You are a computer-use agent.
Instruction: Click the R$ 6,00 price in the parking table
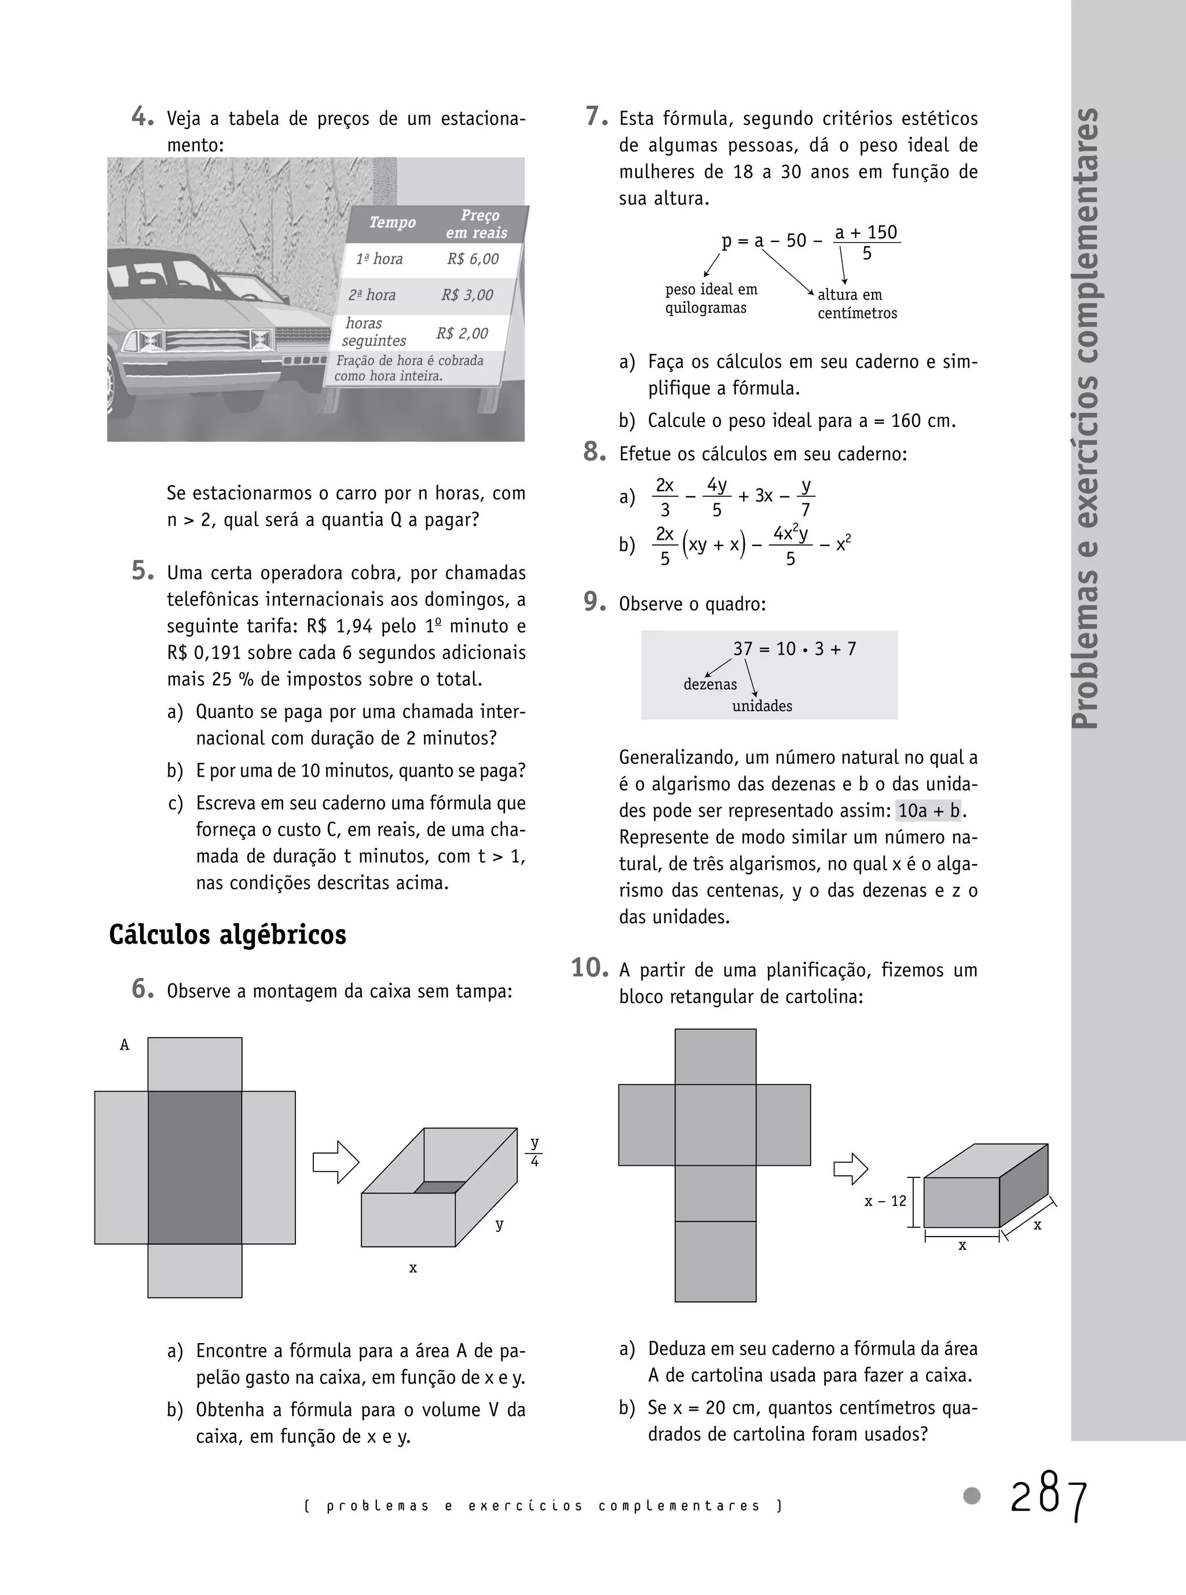[473, 259]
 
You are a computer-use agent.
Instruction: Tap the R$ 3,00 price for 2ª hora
[467, 295]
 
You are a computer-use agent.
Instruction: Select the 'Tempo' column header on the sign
[392, 222]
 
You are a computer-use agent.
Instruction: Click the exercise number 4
[142, 117]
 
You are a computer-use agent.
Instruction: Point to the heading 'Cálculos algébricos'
[228, 935]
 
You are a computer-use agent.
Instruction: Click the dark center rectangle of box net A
[195, 1168]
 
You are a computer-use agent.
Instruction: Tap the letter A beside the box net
[124, 1045]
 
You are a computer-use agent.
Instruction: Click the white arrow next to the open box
[335, 1161]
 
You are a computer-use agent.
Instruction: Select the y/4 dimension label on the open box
[534, 1151]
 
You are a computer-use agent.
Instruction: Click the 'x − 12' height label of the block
[885, 1202]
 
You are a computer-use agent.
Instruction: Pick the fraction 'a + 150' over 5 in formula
[866, 243]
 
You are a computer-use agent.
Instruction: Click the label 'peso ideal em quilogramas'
[710, 299]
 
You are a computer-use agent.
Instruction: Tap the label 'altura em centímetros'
[856, 303]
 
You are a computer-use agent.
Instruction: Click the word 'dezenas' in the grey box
[709, 684]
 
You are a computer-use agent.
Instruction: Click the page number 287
[1049, 1498]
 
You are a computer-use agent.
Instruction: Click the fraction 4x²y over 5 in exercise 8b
[790, 546]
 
